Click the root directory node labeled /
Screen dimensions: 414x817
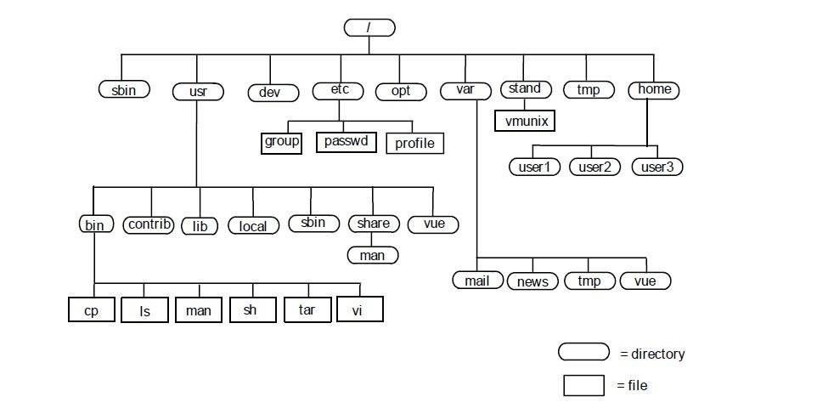click(x=369, y=27)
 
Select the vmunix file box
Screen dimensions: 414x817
click(x=524, y=121)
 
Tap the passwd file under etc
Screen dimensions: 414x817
click(x=346, y=141)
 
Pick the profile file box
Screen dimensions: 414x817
click(x=414, y=143)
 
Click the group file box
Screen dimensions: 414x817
click(x=281, y=141)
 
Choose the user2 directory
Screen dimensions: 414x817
click(x=594, y=167)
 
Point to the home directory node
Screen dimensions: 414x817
click(x=654, y=89)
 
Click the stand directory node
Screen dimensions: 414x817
click(x=525, y=88)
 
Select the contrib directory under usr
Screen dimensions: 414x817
click(x=149, y=224)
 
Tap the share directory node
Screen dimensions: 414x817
click(x=374, y=224)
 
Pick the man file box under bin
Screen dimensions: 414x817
click(x=198, y=310)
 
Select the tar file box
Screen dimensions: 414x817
click(x=307, y=309)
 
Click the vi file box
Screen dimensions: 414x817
click(x=360, y=309)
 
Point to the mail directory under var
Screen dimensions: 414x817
click(x=477, y=281)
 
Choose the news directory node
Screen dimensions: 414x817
click(x=532, y=281)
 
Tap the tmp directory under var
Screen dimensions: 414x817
click(x=589, y=281)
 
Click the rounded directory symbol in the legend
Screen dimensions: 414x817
click(x=583, y=352)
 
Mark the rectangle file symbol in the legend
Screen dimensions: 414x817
click(x=583, y=385)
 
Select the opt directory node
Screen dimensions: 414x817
click(x=400, y=90)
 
